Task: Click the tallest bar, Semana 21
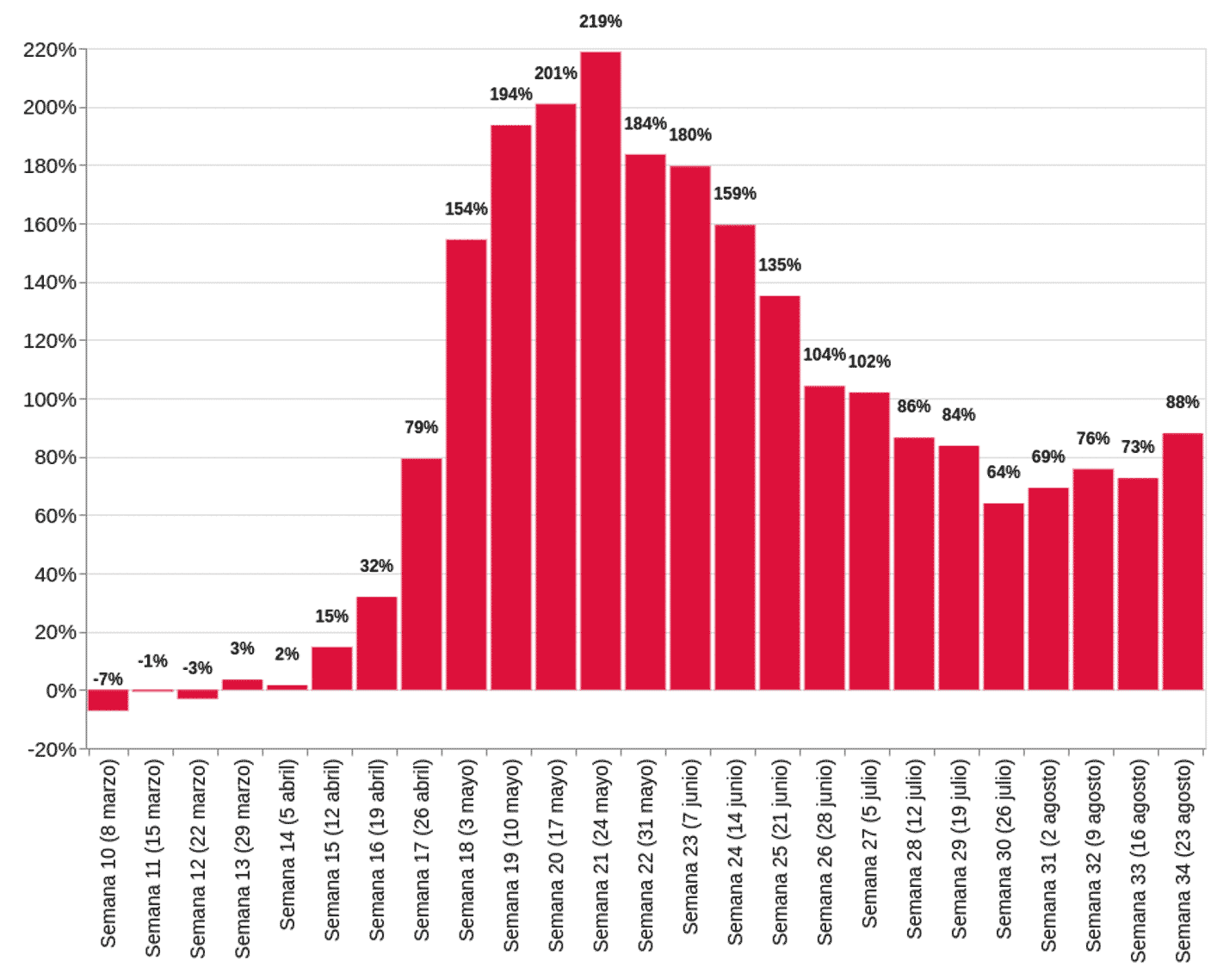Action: point(601,370)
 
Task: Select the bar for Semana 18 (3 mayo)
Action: point(466,465)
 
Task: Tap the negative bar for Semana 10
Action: point(108,700)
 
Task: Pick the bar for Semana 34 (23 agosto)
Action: point(1183,561)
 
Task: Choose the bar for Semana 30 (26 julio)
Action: point(1004,596)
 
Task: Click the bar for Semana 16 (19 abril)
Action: point(377,643)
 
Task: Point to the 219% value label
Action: point(601,22)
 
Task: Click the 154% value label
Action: point(466,209)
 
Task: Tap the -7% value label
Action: point(108,679)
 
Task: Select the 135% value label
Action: point(780,265)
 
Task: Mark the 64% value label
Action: point(1004,473)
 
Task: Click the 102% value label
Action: point(869,362)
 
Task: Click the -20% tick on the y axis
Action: point(53,750)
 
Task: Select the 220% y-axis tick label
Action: point(50,50)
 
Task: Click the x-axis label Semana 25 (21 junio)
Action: point(780,852)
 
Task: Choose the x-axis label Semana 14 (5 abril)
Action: point(287,844)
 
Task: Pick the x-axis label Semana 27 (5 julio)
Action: point(869,844)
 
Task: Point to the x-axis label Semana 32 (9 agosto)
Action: point(1093,854)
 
